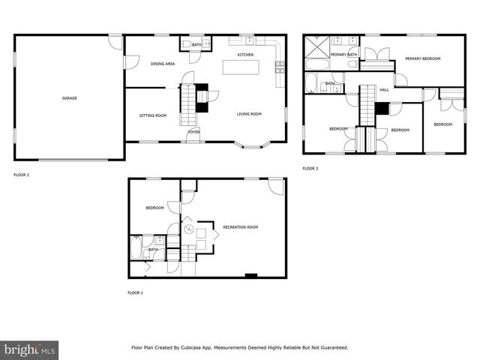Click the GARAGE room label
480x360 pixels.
coord(69,98)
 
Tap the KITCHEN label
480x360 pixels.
coord(245,55)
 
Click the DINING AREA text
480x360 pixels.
coord(163,64)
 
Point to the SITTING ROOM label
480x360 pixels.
coord(153,115)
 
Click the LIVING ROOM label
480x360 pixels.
coord(249,114)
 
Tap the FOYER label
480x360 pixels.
coord(193,132)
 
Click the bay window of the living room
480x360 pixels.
coord(250,145)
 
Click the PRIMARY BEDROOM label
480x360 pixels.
coord(422,58)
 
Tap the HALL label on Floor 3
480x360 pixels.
coord(384,90)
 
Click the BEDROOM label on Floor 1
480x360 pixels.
coord(154,208)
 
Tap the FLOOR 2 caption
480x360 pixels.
coord(22,175)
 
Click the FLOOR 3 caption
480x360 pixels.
coord(310,169)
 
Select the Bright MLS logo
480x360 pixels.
coord(29,349)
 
